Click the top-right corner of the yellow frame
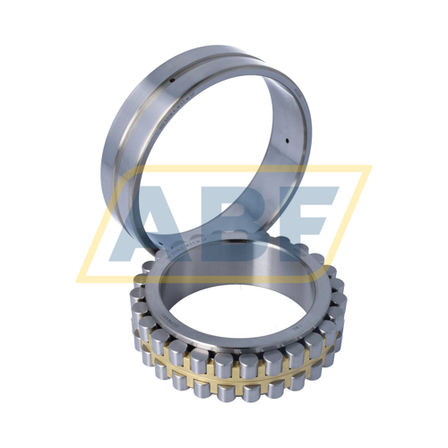[369, 167]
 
